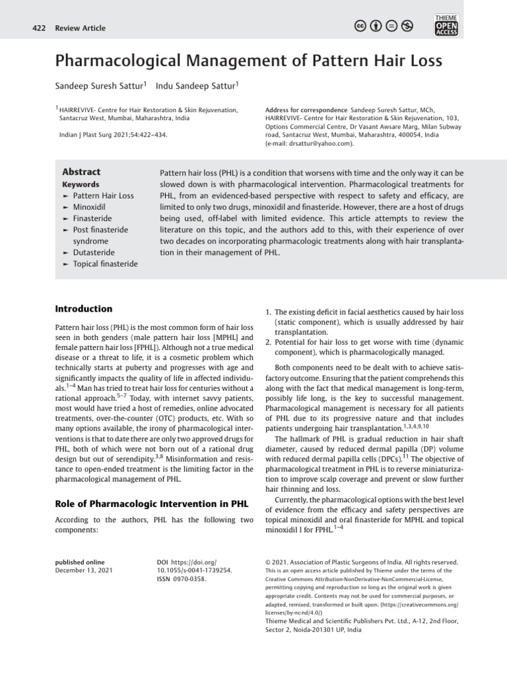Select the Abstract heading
coord(81,172)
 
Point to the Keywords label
coord(80,185)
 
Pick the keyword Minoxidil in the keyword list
coord(94,207)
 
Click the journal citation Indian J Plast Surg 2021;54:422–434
coord(113,134)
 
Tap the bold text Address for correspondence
coord(306,109)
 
